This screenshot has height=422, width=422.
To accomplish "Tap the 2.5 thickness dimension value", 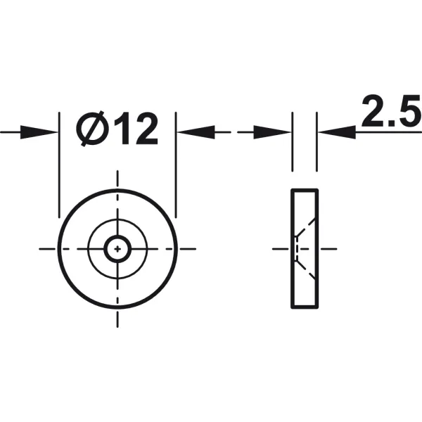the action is (392, 111).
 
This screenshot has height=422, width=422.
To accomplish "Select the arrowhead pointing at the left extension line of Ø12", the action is (39, 132).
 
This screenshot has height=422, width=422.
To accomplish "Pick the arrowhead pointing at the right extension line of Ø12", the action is (196, 132).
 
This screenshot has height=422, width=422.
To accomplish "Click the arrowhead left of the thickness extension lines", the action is (272, 132).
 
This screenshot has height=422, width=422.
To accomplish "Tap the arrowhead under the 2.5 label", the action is (337, 132).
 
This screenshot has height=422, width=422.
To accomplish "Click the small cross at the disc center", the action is (117, 249).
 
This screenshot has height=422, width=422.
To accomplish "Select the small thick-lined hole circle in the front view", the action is (117, 236).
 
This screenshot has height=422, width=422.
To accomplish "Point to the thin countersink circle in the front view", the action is (117, 219).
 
